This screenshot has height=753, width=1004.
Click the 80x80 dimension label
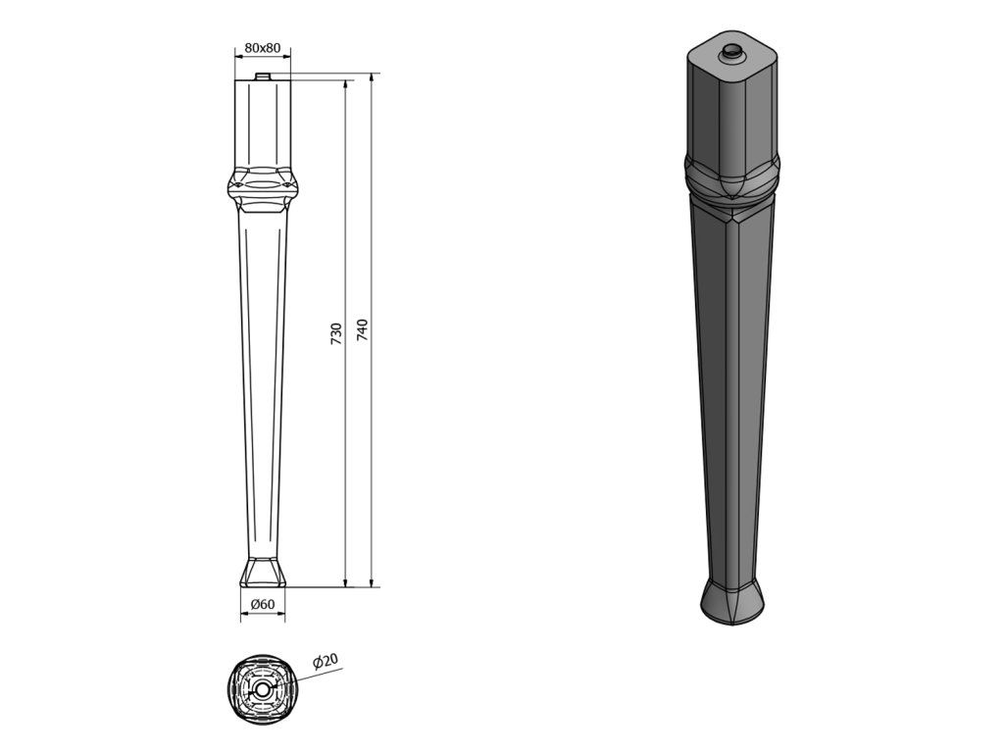pyautogui.click(x=263, y=47)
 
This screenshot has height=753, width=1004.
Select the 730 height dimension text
pyautogui.click(x=337, y=334)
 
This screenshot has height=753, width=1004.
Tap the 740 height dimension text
pyautogui.click(x=363, y=329)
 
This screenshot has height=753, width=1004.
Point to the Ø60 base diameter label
pyautogui.click(x=263, y=604)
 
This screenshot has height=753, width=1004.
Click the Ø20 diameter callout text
pyautogui.click(x=326, y=662)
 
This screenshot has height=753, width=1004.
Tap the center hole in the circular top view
pyautogui.click(x=262, y=689)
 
